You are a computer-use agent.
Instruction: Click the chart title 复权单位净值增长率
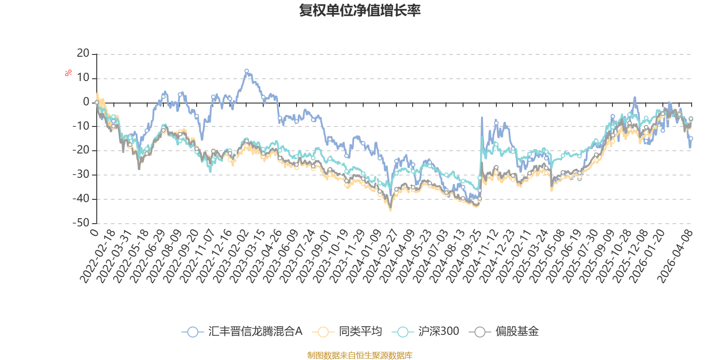[360, 10]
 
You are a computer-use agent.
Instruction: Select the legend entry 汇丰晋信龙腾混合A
[242, 331]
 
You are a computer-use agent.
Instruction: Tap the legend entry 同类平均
[347, 331]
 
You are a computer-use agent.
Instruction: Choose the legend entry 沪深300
[425, 331]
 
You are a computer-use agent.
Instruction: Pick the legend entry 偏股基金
[504, 331]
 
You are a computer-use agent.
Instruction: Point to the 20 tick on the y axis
[83, 53]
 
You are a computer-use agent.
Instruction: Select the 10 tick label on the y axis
[83, 77]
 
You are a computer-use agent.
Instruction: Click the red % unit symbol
[68, 73]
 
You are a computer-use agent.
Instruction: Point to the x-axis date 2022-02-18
[98, 256]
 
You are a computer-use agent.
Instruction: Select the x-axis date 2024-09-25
[463, 256]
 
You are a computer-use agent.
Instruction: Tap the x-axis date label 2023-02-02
[231, 256]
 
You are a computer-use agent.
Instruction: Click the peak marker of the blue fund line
[247, 71]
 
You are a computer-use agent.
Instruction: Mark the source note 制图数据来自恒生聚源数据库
[360, 355]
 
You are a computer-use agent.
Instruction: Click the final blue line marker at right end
[691, 139]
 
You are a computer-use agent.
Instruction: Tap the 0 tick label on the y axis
[86, 102]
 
